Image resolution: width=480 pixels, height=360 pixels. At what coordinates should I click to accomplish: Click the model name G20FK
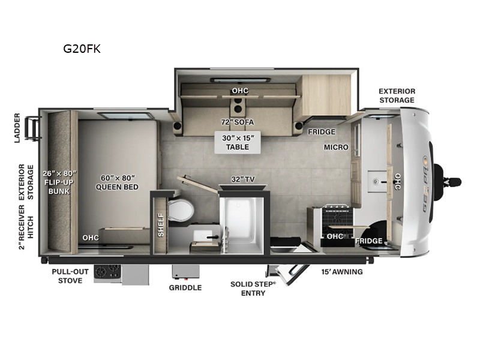point(82,49)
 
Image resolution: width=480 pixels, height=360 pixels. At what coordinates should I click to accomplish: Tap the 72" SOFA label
point(237,122)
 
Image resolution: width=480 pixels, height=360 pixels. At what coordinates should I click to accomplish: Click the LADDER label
point(17,128)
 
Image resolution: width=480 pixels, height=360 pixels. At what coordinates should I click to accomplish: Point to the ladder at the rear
point(34,128)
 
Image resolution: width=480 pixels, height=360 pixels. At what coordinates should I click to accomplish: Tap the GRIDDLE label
point(185,287)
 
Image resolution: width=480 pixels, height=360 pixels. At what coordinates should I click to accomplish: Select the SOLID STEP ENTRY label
point(253,287)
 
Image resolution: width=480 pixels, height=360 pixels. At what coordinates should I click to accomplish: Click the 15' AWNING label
point(342,272)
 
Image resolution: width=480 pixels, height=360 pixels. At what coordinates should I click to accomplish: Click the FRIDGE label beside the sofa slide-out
point(322,132)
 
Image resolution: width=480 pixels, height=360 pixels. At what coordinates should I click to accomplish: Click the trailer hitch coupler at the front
point(451,181)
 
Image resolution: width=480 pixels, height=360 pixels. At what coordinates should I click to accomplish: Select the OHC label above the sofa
point(240,91)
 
